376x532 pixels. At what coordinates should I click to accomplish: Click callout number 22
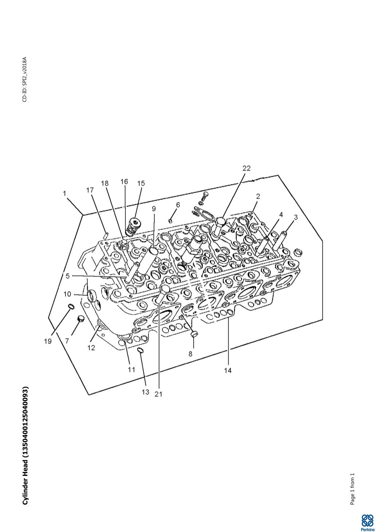[246, 168]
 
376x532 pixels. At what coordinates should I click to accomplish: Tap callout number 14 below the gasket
[228, 370]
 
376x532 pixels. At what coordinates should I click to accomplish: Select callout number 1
[65, 193]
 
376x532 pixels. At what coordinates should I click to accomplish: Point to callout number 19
[48, 342]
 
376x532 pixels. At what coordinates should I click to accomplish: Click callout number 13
[145, 392]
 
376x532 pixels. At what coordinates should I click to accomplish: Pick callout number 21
[158, 394]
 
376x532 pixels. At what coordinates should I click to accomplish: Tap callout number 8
[190, 354]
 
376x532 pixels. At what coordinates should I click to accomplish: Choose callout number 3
[296, 217]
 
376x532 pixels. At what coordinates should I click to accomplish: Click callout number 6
[178, 205]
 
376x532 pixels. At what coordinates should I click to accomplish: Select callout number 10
[68, 294]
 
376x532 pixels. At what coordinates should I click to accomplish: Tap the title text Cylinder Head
[25, 446]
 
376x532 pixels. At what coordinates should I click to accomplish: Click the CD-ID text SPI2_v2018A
[25, 79]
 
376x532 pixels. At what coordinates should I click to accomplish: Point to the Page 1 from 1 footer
[352, 489]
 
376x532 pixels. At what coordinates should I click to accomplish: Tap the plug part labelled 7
[80, 320]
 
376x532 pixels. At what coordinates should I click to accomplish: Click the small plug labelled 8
[194, 333]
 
